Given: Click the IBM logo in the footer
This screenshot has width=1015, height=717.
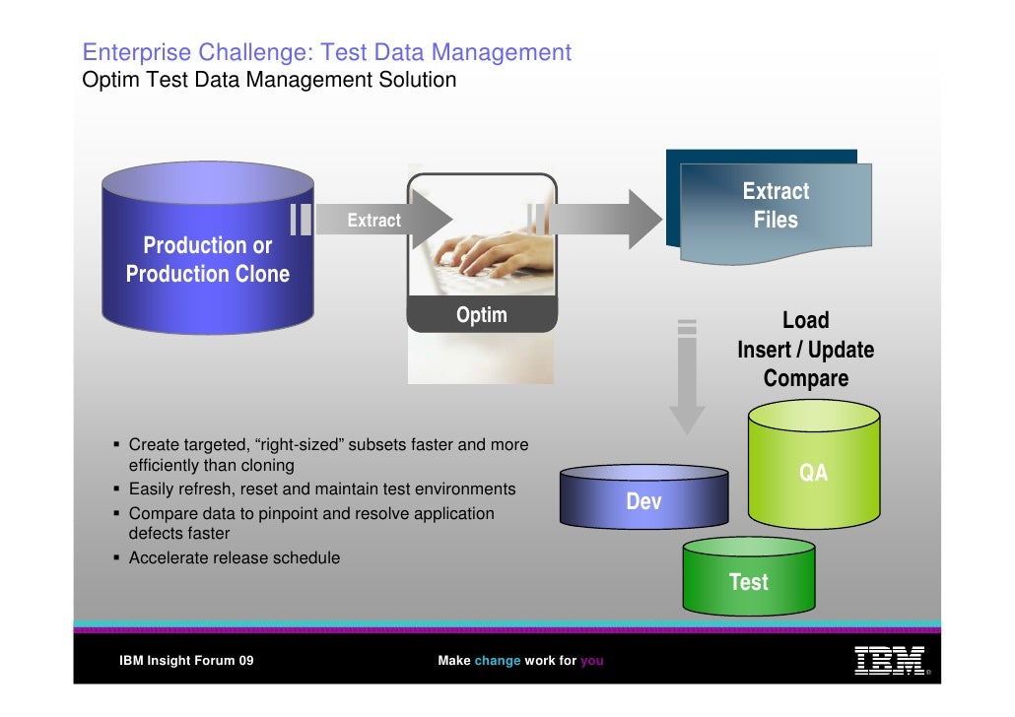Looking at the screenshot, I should pos(889,660).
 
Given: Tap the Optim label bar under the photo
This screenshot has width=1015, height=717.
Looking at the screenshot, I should pos(482,315).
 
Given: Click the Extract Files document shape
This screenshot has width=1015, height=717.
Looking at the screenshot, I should pos(775,207).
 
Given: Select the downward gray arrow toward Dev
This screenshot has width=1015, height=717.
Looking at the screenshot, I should pos(687,379).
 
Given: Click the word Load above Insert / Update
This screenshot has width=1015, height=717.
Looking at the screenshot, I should pos(805,320).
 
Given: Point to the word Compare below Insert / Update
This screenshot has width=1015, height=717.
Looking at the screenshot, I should pos(805,379).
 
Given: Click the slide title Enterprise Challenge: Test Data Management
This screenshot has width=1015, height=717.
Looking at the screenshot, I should pos(326,52).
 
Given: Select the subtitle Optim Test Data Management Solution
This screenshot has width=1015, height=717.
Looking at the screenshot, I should pos(269,80).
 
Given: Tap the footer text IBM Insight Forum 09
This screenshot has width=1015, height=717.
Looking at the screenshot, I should pos(186,661).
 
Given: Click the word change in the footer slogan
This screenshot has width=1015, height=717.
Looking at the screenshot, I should pos(497,661).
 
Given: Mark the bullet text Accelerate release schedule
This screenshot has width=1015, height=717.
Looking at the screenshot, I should pos(235,557).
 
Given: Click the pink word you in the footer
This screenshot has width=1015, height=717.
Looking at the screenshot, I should pos(591,661).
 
